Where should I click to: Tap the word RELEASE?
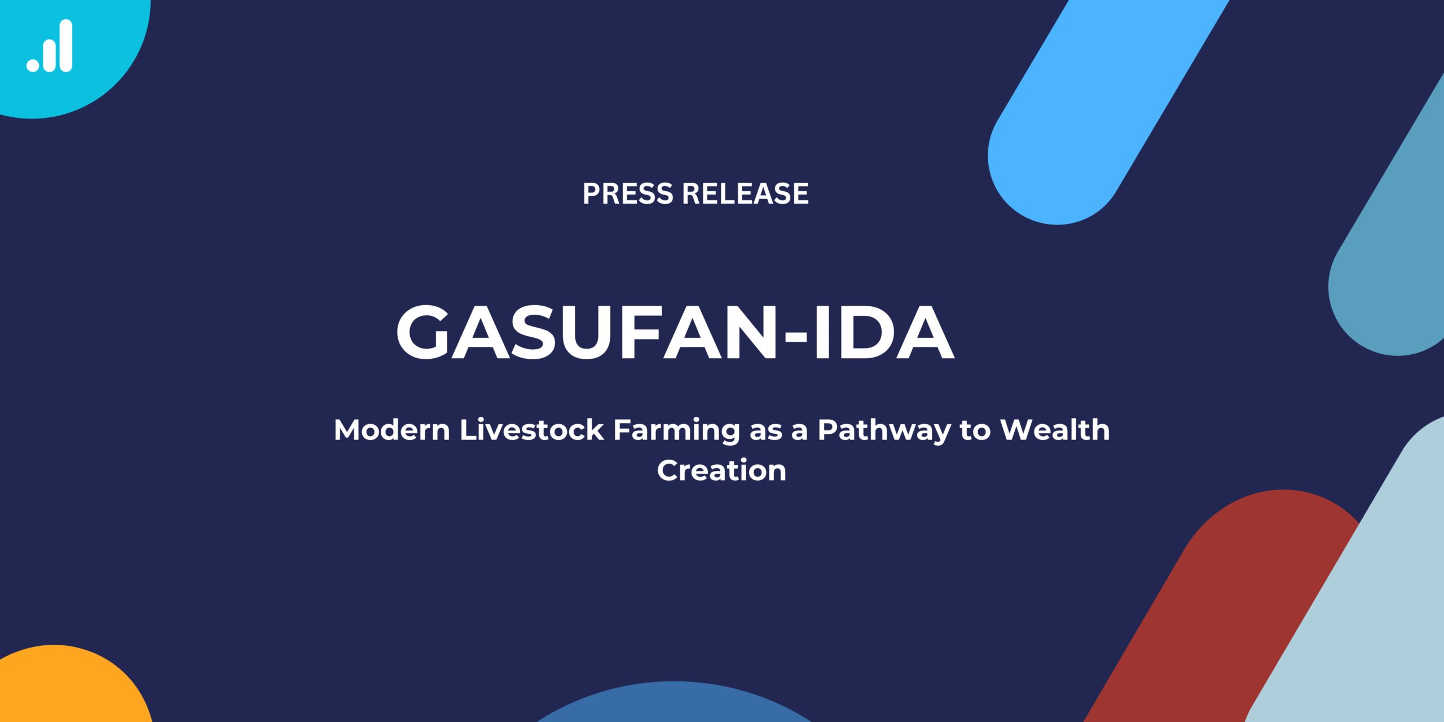point(746,193)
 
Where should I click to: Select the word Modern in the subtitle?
point(392,430)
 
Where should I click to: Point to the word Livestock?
point(532,430)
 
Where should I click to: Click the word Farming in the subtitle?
point(677,431)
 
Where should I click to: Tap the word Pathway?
point(884,431)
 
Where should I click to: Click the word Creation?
point(722,470)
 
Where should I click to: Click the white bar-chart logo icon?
point(50,46)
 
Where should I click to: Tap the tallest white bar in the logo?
point(66,46)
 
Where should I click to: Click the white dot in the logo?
point(33,65)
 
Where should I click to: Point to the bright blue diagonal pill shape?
point(1106,107)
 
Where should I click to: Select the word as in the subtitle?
point(766,433)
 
